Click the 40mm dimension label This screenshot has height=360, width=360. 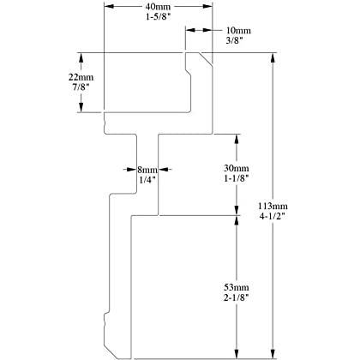pos(158,7)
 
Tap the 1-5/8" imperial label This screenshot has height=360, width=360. pos(158,17)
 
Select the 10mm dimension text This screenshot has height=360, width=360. pos(238,30)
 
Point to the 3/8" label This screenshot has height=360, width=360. pos(234,40)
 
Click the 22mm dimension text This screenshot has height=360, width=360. pos(81,77)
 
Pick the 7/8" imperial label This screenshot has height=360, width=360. pos(81,87)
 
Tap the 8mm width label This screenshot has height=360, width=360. pos(147,170)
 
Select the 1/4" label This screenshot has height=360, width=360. pos(147,180)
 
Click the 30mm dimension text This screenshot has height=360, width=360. pos(237,168)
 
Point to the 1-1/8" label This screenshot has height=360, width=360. pos(237,178)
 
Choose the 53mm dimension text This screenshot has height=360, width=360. pos(237,287)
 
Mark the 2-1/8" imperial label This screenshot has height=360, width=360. pos(237,297)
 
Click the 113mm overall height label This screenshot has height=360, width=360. pos(273,206)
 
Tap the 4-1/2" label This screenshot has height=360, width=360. pos(273,216)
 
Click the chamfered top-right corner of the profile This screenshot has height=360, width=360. pos(206,59)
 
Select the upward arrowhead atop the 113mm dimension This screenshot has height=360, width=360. pos(273,57)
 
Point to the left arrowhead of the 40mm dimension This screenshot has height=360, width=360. pos(109,6)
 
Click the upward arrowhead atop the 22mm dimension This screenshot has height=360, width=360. pos(81,57)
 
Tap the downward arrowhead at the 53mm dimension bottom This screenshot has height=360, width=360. pos(237,353)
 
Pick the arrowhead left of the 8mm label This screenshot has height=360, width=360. pos(132,170)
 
